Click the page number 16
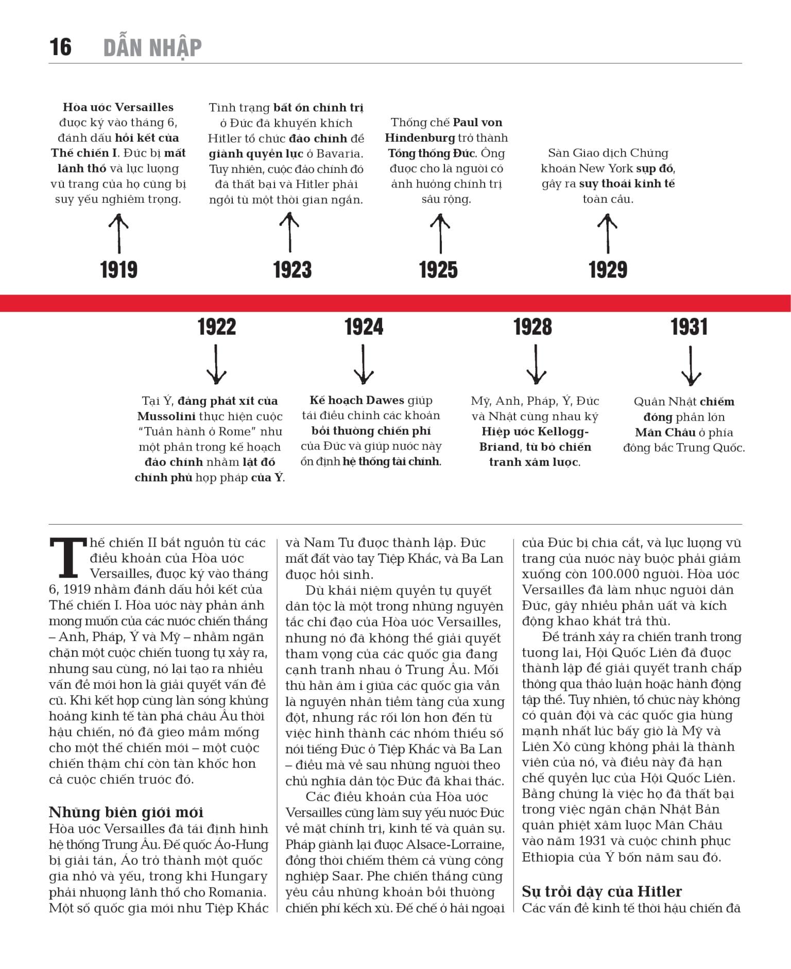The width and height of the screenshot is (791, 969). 60,47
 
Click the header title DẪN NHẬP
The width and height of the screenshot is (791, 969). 152,47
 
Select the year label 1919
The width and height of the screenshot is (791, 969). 119,270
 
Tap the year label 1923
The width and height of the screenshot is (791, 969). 292,270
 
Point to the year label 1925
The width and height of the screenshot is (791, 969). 438,270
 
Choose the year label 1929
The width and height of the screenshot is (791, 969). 608,270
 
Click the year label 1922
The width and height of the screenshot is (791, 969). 217,327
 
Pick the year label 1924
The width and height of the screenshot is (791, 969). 364,327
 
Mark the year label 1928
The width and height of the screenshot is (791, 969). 532,327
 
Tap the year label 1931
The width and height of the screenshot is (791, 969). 689,327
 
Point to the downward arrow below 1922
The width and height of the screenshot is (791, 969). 216,365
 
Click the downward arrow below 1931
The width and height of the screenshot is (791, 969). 690,366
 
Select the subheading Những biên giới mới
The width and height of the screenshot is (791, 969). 126,812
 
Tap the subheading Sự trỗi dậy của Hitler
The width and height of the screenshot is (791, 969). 601,891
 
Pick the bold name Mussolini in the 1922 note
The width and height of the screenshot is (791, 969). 166,416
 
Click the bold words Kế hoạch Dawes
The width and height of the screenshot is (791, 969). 356,400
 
